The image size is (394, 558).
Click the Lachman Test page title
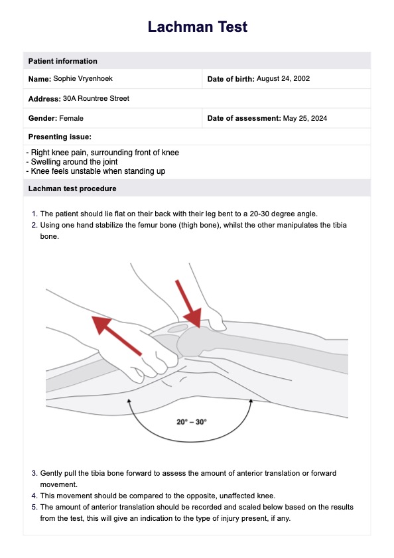click(197, 27)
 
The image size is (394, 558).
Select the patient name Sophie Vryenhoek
click(83, 79)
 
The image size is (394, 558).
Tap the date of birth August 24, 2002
click(283, 79)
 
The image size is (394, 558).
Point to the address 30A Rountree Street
click(96, 99)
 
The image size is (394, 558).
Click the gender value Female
click(71, 118)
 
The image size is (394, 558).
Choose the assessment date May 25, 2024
click(305, 119)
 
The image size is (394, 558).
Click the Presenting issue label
click(60, 137)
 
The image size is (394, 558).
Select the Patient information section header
click(62, 61)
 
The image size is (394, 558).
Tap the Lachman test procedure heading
click(72, 188)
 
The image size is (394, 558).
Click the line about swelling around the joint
click(72, 162)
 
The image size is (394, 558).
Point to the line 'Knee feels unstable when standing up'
click(96, 171)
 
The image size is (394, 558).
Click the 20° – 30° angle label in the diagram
click(192, 422)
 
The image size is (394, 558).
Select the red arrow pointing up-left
click(117, 335)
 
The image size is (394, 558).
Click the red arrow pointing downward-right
click(188, 303)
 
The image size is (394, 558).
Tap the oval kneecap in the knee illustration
click(178, 328)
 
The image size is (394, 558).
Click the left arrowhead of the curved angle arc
click(129, 401)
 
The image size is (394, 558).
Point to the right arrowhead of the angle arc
click(251, 401)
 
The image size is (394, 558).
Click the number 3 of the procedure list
click(34, 473)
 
